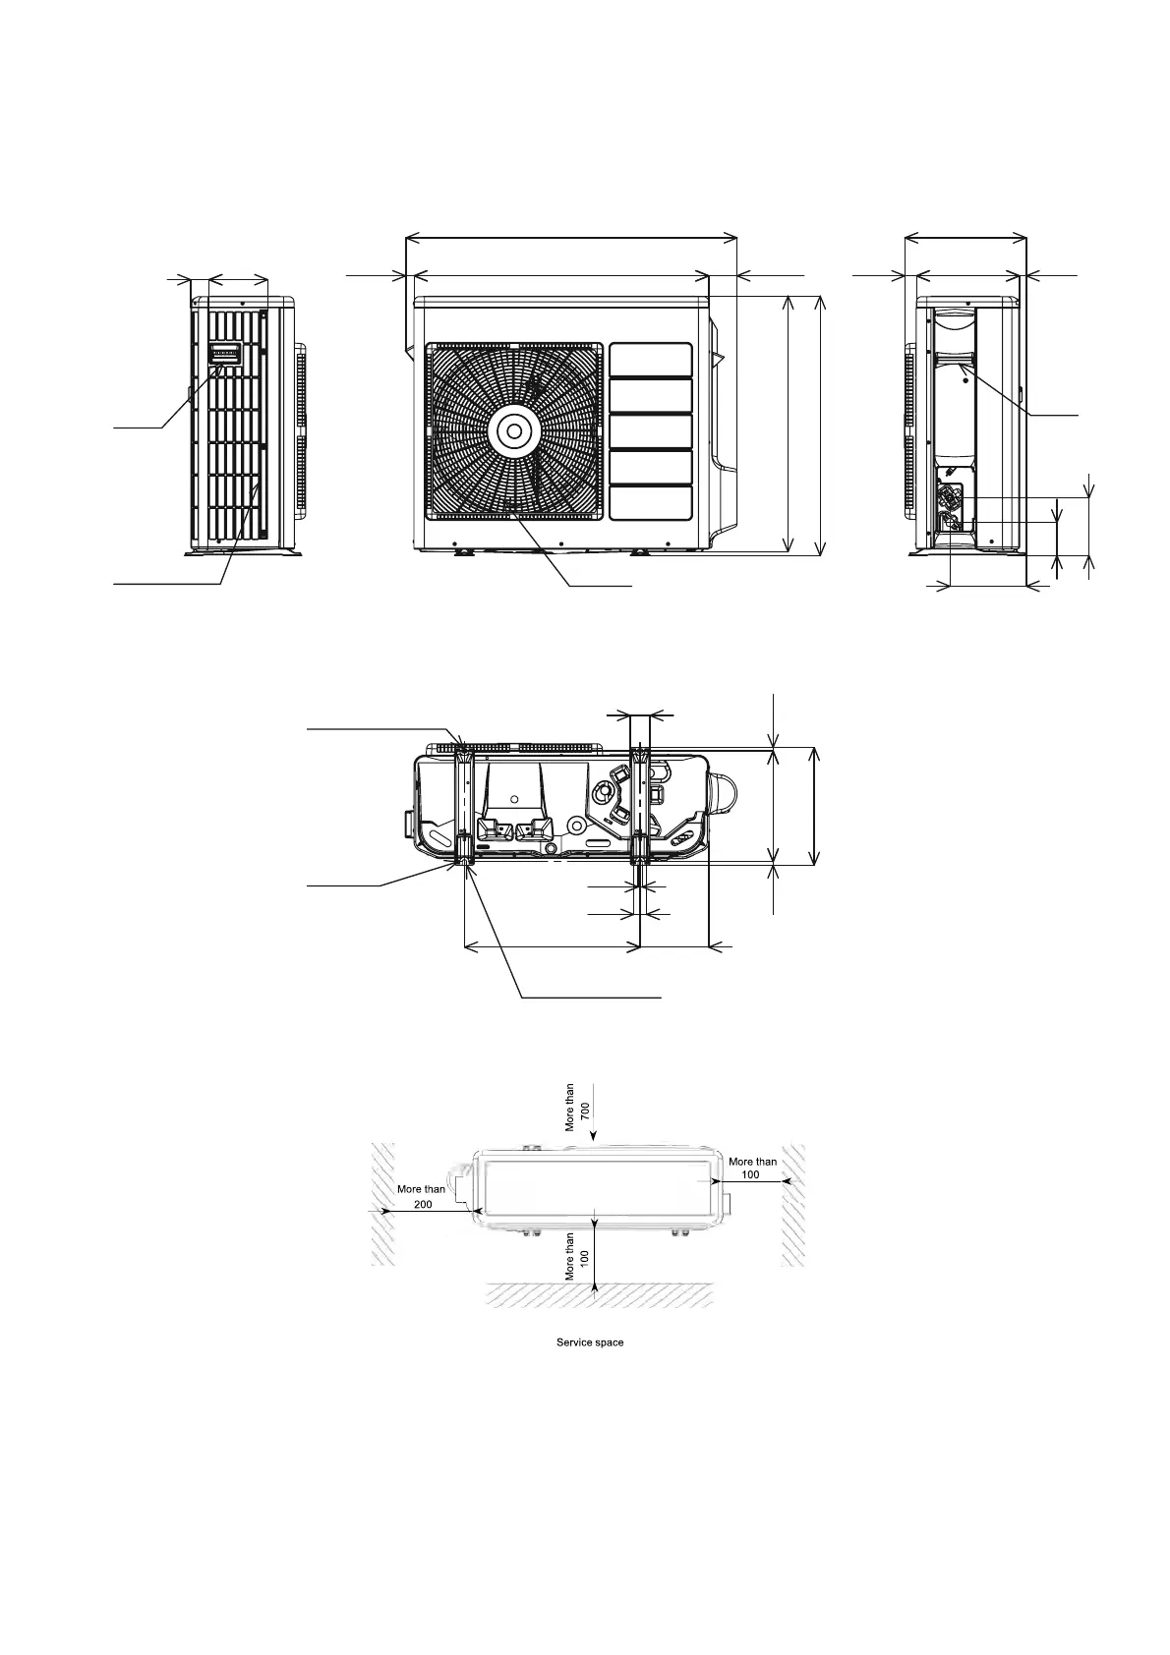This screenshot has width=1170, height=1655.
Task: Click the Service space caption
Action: coord(589,1342)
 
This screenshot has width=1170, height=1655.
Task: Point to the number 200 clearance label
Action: coord(423,1204)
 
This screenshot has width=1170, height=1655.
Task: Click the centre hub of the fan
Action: coord(513,430)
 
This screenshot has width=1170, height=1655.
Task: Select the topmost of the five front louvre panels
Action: coord(650,360)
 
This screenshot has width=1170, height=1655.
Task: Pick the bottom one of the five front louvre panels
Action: coord(650,502)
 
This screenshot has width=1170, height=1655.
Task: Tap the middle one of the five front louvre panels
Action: coord(650,430)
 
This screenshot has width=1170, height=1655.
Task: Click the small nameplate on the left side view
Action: coord(224,353)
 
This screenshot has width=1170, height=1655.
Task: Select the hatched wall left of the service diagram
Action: coord(381,1204)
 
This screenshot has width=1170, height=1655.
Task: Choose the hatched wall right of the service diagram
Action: coord(792,1204)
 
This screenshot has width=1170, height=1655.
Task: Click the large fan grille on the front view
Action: coord(513,430)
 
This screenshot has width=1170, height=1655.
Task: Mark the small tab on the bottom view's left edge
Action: coord(408,820)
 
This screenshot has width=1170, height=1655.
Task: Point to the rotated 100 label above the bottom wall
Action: coord(584,1256)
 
